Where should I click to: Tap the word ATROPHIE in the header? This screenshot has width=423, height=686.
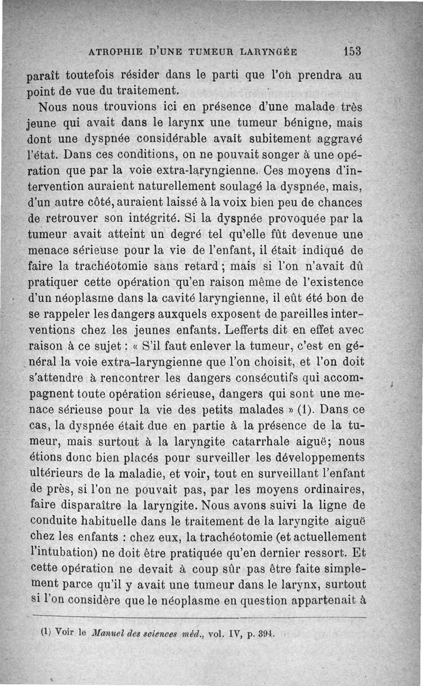[x=111, y=52]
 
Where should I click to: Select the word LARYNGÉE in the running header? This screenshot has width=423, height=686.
[x=269, y=52]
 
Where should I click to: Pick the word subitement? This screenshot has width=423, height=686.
[x=256, y=140]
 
